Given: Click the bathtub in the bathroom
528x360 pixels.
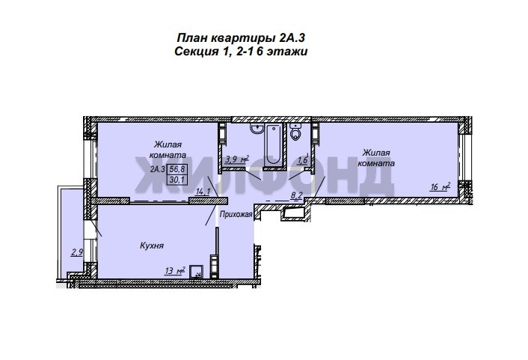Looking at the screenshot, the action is point(272,144).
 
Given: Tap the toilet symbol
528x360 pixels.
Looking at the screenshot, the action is point(295,132).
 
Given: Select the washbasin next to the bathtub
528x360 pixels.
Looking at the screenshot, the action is point(257,129).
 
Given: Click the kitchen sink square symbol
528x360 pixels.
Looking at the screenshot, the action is point(196,272).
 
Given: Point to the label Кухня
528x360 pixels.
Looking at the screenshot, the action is point(152,245).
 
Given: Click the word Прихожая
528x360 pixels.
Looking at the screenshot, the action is point(236,214).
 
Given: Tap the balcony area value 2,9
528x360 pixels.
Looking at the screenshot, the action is point(77,252).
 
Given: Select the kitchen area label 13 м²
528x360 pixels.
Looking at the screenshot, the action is point(175,271).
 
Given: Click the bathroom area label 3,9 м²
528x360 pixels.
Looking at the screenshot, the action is point(237,159).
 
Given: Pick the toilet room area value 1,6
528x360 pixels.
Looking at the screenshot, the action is point(302,160).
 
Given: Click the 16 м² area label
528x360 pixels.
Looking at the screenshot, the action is point(440,187).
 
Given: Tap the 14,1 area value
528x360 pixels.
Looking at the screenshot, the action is point(203,192).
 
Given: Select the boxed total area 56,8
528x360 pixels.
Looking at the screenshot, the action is point(177,169).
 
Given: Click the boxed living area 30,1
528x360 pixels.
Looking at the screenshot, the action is point(177,180).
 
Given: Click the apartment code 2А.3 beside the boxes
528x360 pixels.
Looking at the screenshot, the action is point(158,169).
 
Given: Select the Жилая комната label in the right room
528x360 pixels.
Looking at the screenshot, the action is point(376,158).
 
